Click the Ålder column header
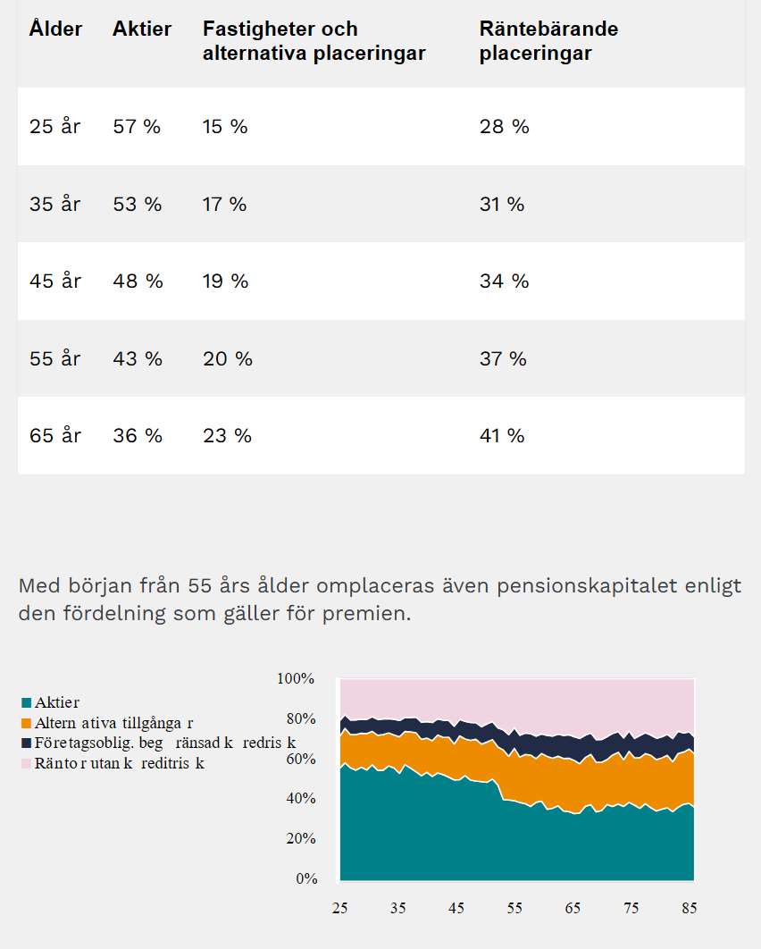[x=55, y=29]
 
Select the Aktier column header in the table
[x=142, y=29]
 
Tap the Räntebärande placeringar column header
[x=548, y=41]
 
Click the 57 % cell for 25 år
[x=137, y=127]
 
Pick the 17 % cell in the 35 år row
[x=224, y=205]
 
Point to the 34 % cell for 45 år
[x=504, y=281]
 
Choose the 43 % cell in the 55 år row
[x=138, y=359]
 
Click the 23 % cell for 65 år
[x=227, y=436]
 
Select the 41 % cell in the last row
[x=504, y=436]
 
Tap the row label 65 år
[x=55, y=436]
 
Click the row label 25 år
[x=55, y=127]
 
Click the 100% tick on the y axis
[x=297, y=679]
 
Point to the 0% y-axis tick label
[x=306, y=879]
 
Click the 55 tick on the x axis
[x=514, y=908]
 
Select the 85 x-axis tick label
[x=688, y=908]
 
